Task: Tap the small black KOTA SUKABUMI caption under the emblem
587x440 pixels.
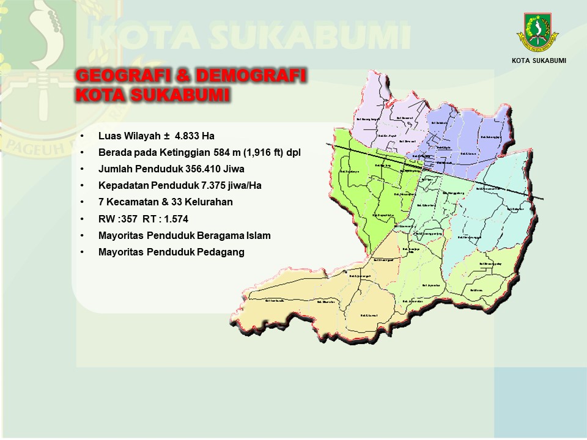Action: coord(539,60)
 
